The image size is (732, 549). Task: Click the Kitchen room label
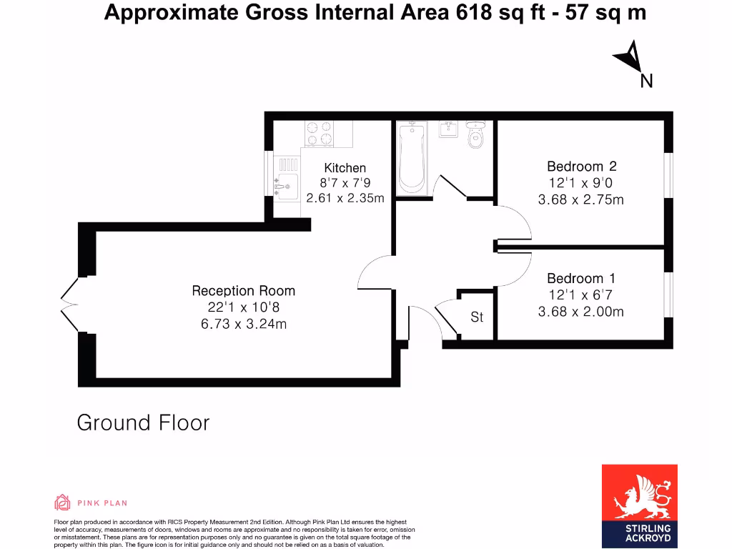[x=345, y=168]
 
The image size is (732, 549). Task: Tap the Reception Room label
[x=243, y=291]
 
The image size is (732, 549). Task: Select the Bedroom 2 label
[x=580, y=167]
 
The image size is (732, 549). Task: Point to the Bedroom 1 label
[x=580, y=278]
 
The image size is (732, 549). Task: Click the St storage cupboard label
[x=477, y=316]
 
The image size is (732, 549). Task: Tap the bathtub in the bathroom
[x=412, y=159]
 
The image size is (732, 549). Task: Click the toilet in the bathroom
[x=475, y=134]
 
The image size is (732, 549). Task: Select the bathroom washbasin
[x=448, y=129]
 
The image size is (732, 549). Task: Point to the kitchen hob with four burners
[x=319, y=133]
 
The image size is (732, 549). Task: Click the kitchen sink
[x=286, y=184]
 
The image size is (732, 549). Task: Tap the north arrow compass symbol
[x=630, y=56]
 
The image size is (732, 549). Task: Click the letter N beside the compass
[x=646, y=81]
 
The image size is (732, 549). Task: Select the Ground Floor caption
[x=143, y=422]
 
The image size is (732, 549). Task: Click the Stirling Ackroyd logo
[x=639, y=503]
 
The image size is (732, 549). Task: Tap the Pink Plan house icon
[x=62, y=503]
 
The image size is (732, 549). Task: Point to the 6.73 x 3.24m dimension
[x=243, y=324]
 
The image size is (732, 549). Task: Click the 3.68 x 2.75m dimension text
[x=580, y=199]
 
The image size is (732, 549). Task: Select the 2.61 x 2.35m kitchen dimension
[x=345, y=197]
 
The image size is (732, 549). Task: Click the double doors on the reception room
[x=69, y=305]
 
